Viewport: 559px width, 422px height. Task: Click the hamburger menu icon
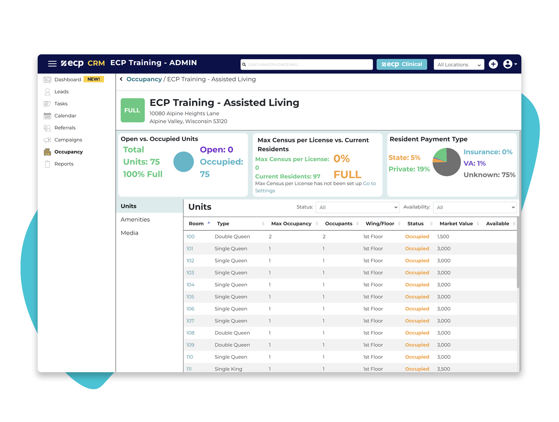click(x=52, y=64)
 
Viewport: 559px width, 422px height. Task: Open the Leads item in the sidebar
click(x=61, y=92)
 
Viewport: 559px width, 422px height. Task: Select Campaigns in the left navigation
click(x=68, y=140)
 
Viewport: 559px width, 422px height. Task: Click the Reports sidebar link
click(x=64, y=164)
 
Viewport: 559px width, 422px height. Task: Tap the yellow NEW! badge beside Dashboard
click(x=94, y=79)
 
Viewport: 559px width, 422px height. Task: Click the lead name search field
click(x=306, y=65)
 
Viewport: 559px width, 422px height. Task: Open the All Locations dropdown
click(x=459, y=65)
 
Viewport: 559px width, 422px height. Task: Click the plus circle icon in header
click(x=493, y=64)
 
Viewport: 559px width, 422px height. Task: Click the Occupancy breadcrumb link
click(x=144, y=79)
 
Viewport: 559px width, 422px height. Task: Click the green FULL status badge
click(x=132, y=110)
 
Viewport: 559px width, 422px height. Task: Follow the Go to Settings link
click(x=369, y=184)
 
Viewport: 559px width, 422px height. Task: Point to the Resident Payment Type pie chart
click(x=446, y=162)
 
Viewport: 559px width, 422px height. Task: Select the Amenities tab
click(x=135, y=220)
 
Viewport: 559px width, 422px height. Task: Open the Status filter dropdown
click(x=357, y=207)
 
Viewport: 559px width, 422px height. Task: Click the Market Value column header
click(x=456, y=224)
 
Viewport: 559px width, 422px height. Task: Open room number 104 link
click(x=190, y=285)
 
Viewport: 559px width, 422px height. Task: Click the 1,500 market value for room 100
click(x=443, y=236)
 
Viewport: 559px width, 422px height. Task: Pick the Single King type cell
click(x=228, y=369)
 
